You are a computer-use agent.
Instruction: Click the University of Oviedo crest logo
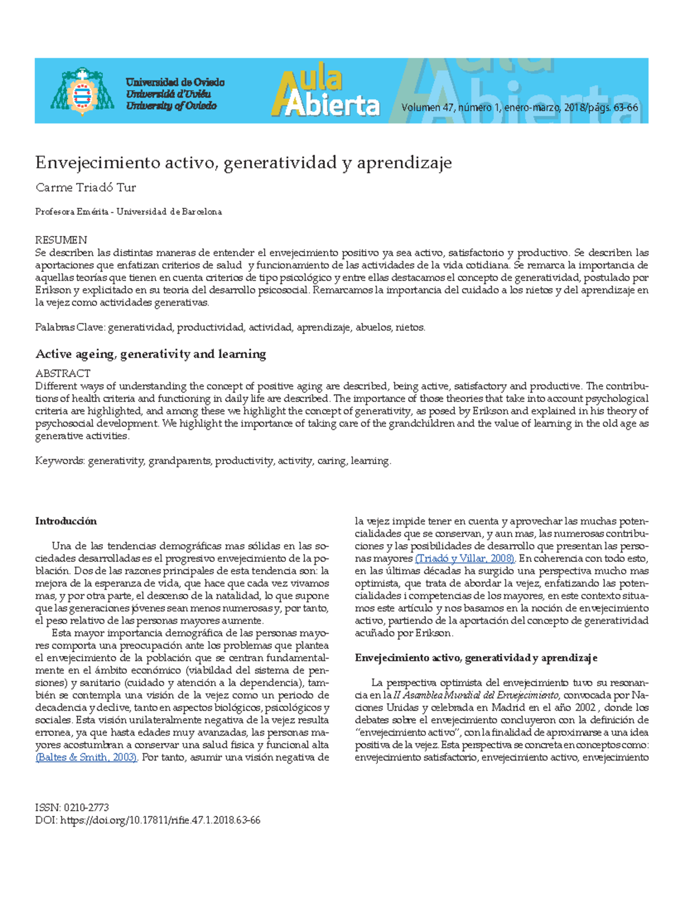82,91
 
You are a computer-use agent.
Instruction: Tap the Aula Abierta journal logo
325,93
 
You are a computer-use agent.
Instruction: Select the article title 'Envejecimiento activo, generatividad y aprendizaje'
243,163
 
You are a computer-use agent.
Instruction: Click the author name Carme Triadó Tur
86,188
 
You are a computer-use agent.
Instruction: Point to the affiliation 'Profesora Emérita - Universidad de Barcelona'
128,212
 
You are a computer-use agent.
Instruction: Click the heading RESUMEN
61,240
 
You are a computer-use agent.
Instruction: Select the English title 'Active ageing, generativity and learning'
151,354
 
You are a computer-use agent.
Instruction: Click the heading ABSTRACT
63,373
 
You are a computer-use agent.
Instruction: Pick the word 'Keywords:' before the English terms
60,461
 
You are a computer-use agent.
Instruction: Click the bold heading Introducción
66,521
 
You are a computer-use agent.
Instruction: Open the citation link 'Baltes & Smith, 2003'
86,758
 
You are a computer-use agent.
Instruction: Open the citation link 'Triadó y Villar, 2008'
465,558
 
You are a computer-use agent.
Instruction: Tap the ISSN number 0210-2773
86,808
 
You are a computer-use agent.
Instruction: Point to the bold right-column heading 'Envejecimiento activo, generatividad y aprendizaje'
476,658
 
